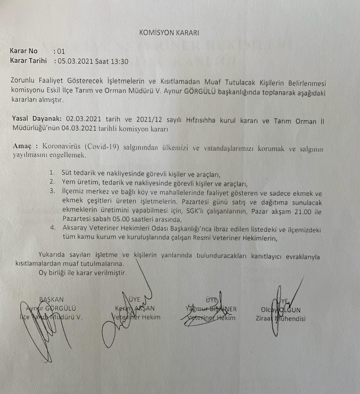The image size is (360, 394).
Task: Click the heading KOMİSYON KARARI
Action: (x=169, y=33)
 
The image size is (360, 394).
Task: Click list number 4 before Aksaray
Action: (x=52, y=228)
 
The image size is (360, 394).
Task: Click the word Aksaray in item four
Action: (x=74, y=228)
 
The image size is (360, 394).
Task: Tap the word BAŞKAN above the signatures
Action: (x=52, y=299)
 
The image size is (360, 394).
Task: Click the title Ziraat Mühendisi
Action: (x=280, y=318)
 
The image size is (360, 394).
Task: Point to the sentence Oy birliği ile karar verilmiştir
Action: (x=82, y=273)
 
